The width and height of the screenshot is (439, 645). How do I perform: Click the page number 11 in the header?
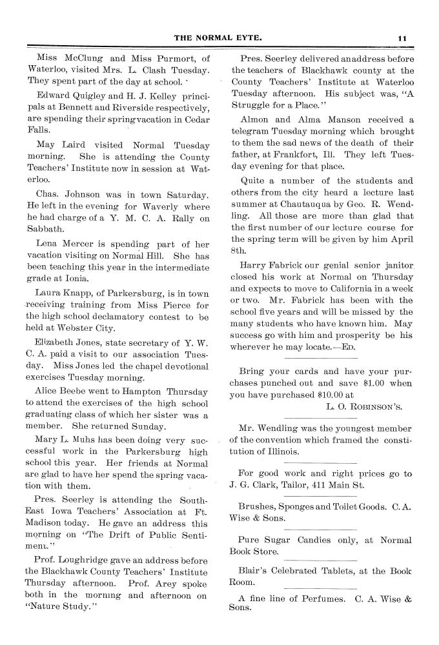(x=402, y=38)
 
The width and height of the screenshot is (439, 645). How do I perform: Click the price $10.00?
(x=331, y=395)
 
